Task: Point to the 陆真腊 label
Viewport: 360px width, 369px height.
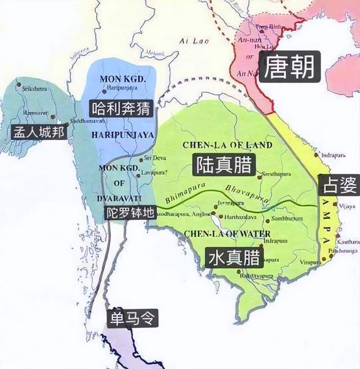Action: (x=224, y=164)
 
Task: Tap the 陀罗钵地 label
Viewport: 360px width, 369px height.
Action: (x=130, y=214)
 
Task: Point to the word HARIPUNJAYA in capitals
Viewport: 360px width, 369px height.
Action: (x=122, y=135)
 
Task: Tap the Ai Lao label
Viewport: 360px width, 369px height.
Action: (x=189, y=40)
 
